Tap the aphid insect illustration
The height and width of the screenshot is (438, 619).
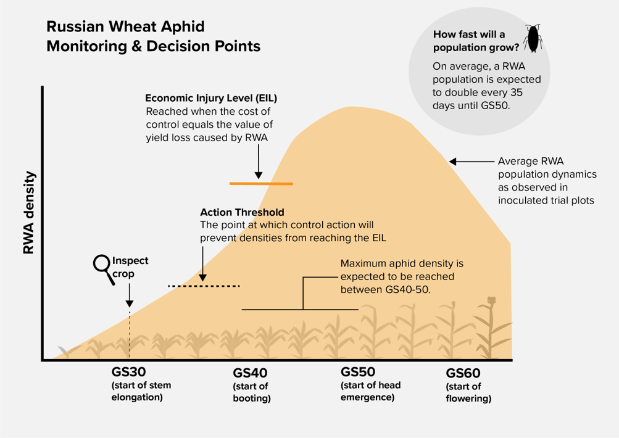pyautogui.click(x=533, y=38)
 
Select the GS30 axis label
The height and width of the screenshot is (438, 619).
pyautogui.click(x=129, y=372)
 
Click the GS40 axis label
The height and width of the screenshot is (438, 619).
pyautogui.click(x=251, y=373)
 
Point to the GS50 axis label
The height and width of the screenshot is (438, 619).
pyautogui.click(x=358, y=372)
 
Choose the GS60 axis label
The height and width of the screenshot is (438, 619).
pyautogui.click(x=463, y=373)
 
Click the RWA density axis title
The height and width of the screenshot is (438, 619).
pyautogui.click(x=29, y=213)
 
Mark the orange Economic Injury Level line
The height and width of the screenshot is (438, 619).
pyautogui.click(x=261, y=183)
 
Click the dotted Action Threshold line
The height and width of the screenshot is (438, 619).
pyautogui.click(x=204, y=286)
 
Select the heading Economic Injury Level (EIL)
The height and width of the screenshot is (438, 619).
pyautogui.click(x=211, y=98)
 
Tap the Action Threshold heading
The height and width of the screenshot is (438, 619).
pyautogui.click(x=242, y=212)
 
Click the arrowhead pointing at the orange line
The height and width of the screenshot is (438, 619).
pyautogui.click(x=259, y=175)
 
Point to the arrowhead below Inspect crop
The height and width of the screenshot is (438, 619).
pyautogui.click(x=130, y=303)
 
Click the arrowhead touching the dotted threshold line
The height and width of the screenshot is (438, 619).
pyautogui.click(x=203, y=278)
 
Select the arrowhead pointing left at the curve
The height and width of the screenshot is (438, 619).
pyautogui.click(x=453, y=162)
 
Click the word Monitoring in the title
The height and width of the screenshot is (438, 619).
pyautogui.click(x=87, y=46)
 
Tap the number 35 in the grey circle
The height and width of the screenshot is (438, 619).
pyautogui.click(x=515, y=93)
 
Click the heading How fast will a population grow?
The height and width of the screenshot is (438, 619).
pyautogui.click(x=476, y=41)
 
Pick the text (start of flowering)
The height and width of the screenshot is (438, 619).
pyautogui.click(x=468, y=392)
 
